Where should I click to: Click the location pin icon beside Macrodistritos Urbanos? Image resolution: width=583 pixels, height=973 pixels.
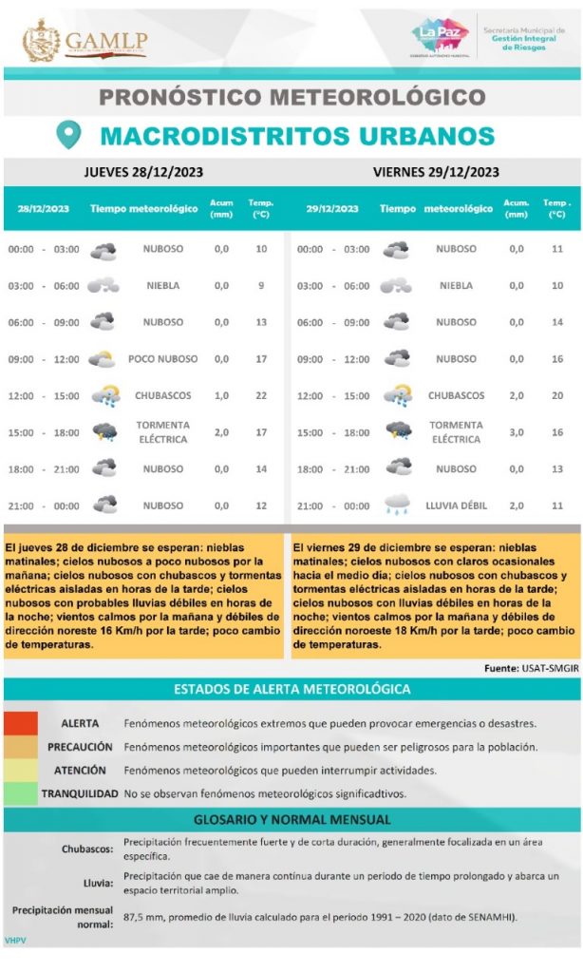pos(68,134)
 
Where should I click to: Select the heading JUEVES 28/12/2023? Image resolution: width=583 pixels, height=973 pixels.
pos(143,172)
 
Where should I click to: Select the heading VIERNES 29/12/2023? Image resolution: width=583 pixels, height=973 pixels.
pos(436,172)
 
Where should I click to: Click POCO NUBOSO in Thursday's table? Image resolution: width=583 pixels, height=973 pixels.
pos(163,359)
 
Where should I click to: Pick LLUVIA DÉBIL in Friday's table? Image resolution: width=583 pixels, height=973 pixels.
pos(456,506)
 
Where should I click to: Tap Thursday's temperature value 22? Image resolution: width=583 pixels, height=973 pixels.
pos(261,396)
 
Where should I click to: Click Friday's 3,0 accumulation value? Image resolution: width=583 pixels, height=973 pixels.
pos(517,432)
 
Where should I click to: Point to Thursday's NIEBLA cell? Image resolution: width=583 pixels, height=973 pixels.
pos(163,286)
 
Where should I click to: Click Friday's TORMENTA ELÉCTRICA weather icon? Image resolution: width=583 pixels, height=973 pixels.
pos(398,431)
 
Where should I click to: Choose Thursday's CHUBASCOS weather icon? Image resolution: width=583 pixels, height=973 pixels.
pos(104,396)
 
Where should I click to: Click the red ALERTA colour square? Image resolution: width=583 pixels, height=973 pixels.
pos(20,723)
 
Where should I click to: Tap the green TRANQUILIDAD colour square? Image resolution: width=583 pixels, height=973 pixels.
pos(20,792)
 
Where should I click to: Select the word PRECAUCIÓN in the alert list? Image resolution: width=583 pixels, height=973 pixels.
pos(80,747)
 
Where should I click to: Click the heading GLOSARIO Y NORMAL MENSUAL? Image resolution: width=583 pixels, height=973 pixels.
pos(291,819)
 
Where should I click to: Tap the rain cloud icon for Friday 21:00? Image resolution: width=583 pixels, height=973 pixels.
pos(398,506)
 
